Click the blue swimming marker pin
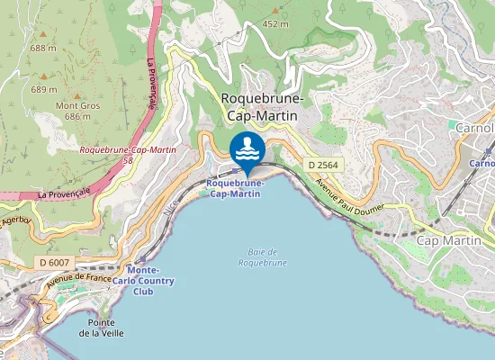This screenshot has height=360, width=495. click(247, 148)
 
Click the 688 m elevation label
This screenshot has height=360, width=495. click(43, 48)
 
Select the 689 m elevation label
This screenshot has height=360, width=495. click(45, 89)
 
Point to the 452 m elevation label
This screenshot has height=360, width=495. click(274, 24)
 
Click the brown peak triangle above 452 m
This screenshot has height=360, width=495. click(275, 11)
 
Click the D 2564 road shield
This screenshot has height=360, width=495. click(321, 165)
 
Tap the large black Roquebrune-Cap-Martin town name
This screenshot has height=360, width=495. click(262, 106)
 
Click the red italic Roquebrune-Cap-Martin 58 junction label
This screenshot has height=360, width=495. click(127, 154)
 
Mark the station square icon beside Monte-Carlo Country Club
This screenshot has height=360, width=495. click(139, 257)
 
